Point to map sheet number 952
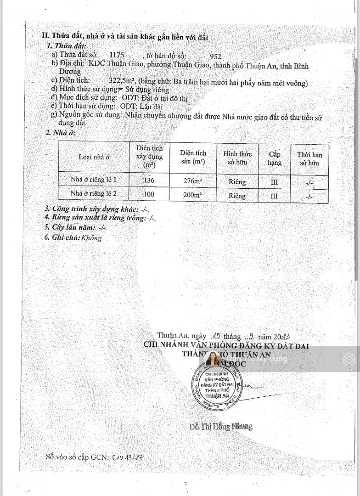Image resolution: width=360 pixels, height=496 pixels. (215, 57)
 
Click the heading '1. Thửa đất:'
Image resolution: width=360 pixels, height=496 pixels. (67, 46)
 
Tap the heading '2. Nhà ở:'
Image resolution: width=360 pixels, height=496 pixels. (60, 133)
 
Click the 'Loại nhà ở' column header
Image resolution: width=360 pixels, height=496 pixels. (94, 157)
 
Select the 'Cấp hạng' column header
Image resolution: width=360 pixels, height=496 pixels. (275, 158)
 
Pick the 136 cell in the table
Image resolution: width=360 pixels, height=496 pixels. (149, 180)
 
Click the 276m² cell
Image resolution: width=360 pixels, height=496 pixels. (193, 181)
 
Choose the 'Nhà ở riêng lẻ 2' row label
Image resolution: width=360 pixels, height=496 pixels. (94, 193)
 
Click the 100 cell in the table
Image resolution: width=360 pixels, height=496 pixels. (149, 194)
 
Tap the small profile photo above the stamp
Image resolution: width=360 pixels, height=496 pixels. (213, 359)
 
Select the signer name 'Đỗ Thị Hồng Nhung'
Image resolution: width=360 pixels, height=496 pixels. (221, 426)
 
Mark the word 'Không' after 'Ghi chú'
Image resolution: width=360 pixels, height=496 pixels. (92, 238)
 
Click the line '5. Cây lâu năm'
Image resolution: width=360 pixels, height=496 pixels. (75, 227)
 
